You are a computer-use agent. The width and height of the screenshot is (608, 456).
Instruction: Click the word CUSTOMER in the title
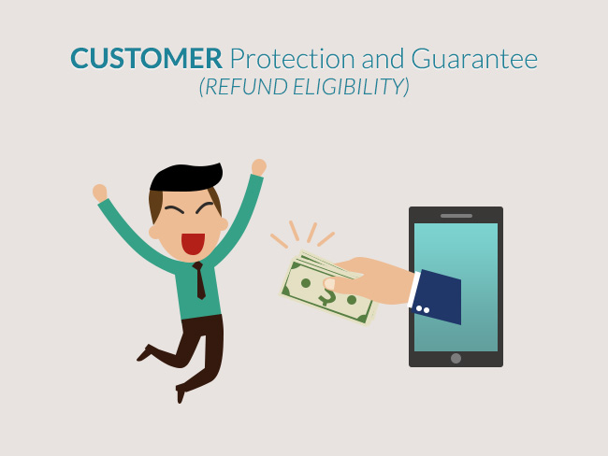click(x=146, y=59)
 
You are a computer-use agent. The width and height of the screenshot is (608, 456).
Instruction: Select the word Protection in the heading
click(x=293, y=59)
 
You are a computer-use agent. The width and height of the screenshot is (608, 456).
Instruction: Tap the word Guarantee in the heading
click(x=474, y=59)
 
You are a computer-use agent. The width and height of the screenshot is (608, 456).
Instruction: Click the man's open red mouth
click(x=193, y=244)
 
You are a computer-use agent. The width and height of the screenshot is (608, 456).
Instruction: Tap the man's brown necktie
click(x=199, y=280)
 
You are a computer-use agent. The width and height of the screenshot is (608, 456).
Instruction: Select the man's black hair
click(x=186, y=178)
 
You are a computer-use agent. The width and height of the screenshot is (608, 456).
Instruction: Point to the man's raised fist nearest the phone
click(x=258, y=167)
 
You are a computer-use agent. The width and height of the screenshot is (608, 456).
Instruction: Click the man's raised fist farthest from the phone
click(x=100, y=192)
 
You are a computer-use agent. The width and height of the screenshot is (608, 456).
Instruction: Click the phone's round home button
click(x=456, y=359)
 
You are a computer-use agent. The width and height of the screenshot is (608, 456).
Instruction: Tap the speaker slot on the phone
click(x=456, y=216)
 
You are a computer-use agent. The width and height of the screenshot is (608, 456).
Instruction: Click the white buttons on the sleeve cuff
click(x=423, y=309)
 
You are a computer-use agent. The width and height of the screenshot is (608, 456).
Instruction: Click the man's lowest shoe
click(x=181, y=393)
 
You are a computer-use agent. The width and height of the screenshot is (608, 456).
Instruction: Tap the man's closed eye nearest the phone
click(x=204, y=208)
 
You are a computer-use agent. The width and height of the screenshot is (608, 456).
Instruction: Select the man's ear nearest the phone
click(x=224, y=224)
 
